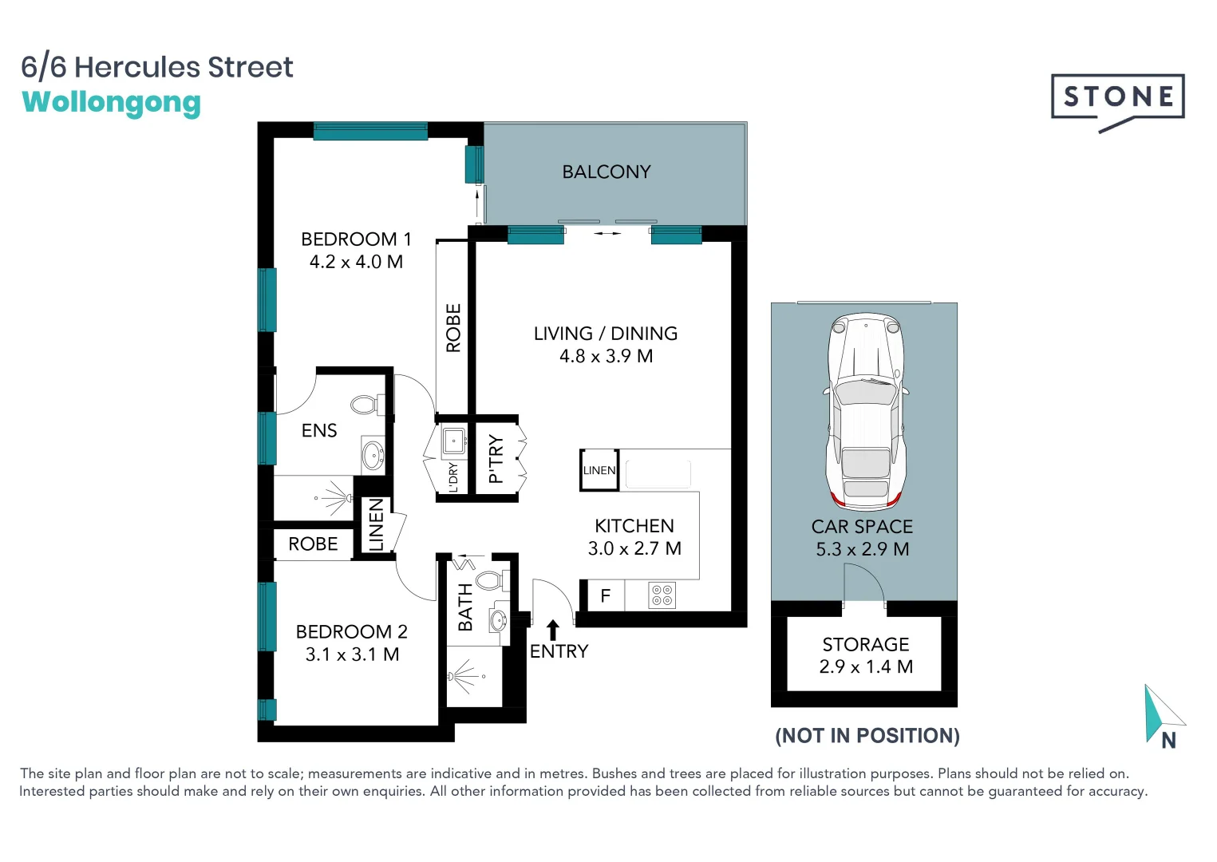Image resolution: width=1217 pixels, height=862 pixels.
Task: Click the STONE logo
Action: [1117, 97]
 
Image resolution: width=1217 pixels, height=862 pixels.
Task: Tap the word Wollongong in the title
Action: [111, 103]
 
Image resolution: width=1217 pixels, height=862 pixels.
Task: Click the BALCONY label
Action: [607, 172]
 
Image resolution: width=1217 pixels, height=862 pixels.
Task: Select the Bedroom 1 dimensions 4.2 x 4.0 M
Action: [356, 262]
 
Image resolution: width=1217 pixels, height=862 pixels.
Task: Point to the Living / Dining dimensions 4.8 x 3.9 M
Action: [606, 356]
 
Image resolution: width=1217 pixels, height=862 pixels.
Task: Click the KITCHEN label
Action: [634, 526]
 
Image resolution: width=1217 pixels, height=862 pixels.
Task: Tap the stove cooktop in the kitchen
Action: [662, 595]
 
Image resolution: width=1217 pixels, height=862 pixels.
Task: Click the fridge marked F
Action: [605, 595]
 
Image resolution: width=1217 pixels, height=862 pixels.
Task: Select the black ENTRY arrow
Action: [552, 629]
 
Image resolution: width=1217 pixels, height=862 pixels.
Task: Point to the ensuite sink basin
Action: [373, 456]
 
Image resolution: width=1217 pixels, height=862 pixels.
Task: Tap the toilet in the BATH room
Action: [488, 579]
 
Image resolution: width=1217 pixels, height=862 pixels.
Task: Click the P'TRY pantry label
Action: [496, 459]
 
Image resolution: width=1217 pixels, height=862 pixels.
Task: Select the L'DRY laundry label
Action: [453, 476]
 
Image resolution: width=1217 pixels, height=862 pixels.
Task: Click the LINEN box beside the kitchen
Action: [599, 470]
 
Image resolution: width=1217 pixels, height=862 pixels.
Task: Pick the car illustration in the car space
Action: [866, 411]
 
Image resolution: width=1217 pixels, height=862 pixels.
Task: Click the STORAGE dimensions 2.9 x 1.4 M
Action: [866, 666]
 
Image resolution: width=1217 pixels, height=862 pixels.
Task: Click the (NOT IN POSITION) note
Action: [867, 735]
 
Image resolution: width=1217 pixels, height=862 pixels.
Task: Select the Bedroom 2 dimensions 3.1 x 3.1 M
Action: [352, 654]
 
